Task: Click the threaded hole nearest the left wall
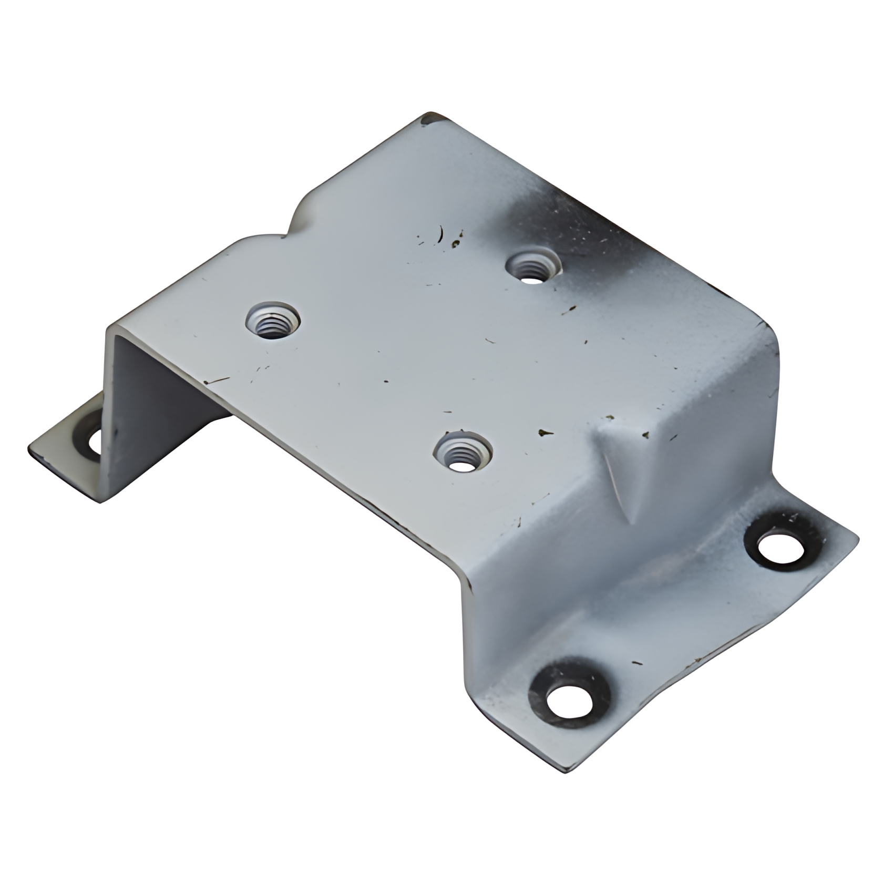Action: pos(273,320)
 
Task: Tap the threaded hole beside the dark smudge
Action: pos(532,267)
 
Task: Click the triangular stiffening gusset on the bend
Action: pos(625,463)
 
